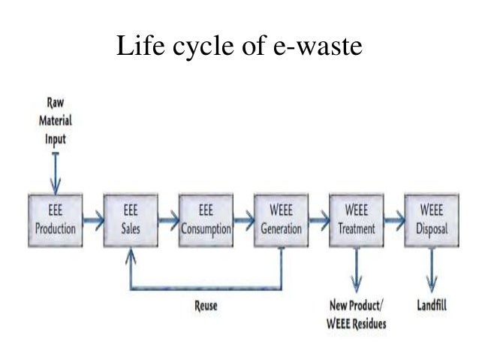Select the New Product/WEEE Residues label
(356, 313)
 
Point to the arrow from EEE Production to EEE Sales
(93, 219)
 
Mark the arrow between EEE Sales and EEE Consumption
(168, 219)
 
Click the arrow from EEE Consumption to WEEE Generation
(243, 219)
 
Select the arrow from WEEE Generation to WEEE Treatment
(318, 219)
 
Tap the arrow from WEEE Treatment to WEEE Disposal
(393, 219)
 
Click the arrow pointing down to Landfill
(430, 271)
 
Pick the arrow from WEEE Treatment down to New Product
(356, 271)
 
